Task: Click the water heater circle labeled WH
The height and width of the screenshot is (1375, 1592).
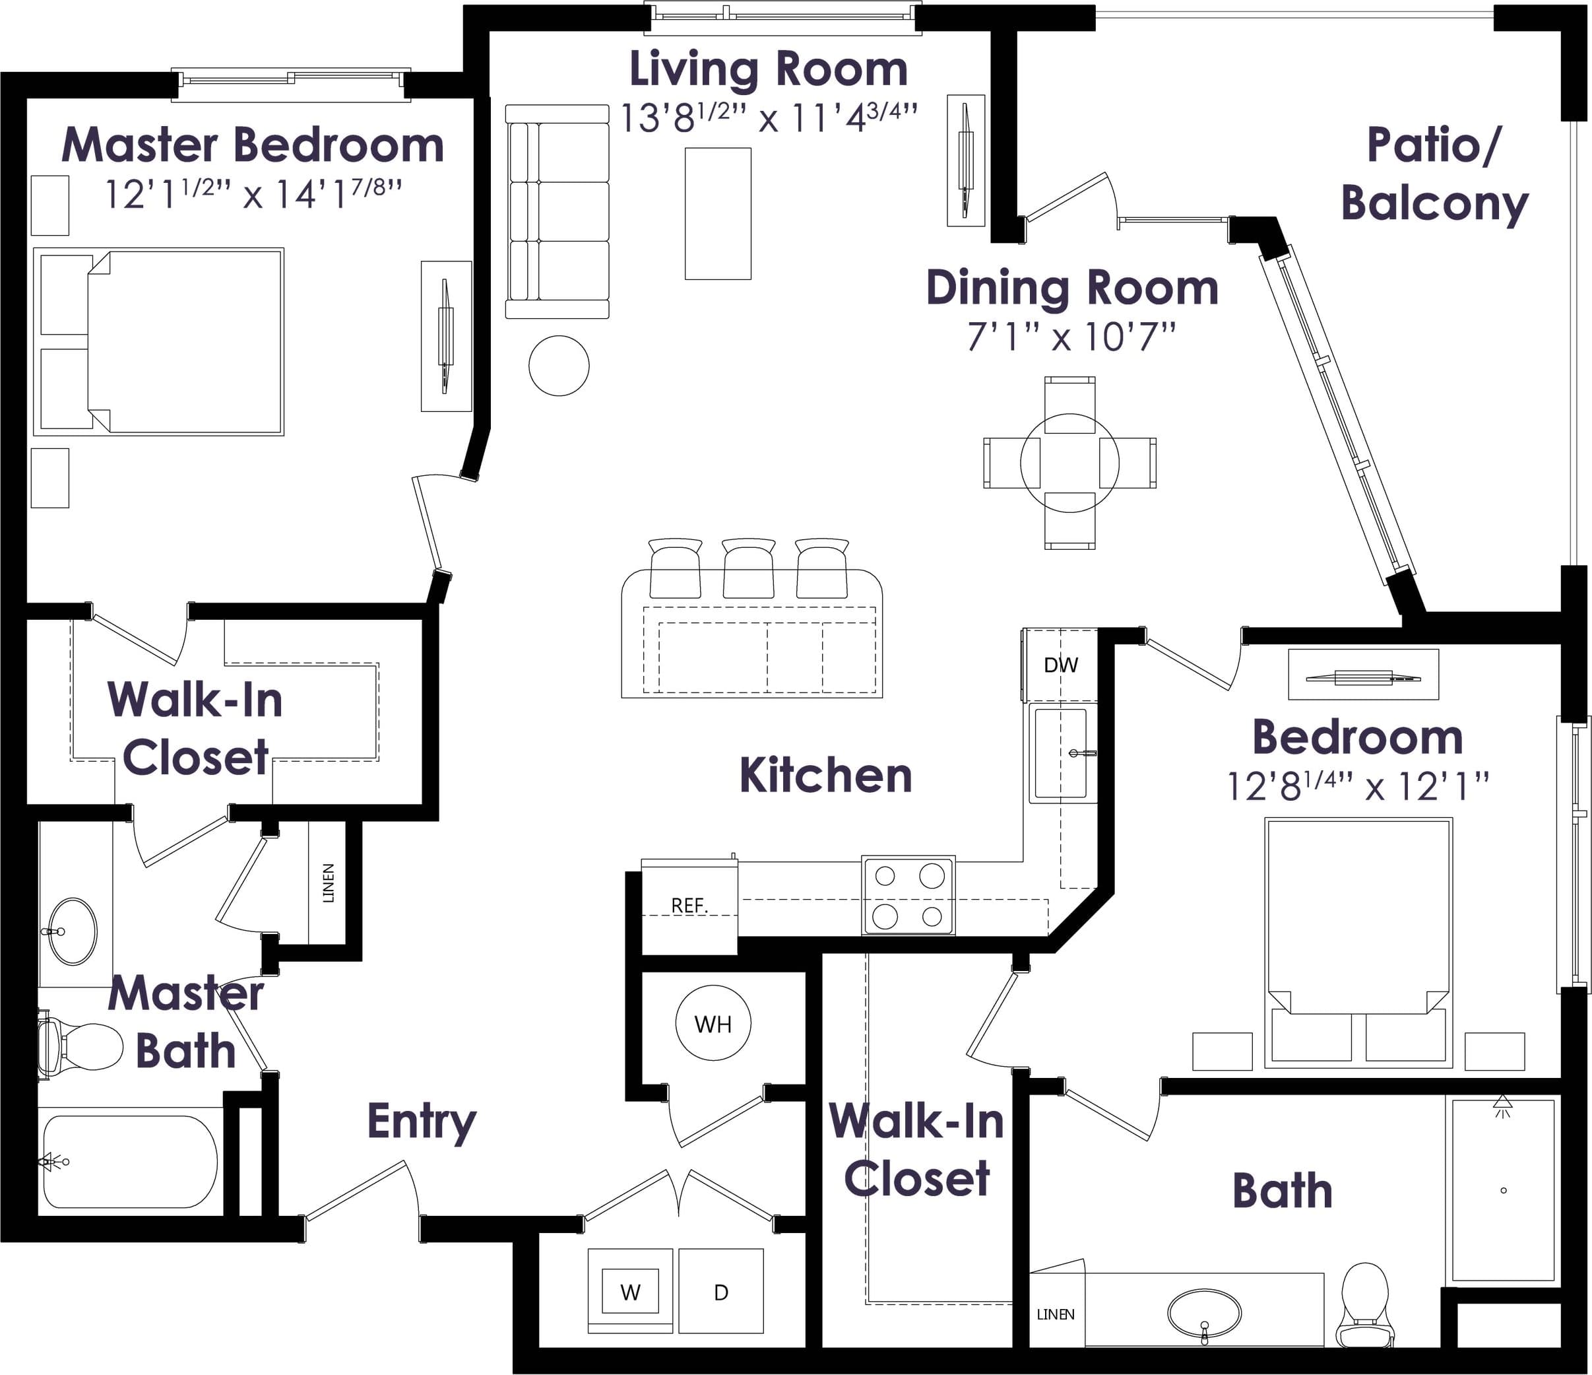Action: coord(713,1024)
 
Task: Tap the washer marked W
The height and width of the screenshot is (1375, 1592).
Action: coord(631,1291)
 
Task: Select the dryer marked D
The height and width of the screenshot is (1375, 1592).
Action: coord(720,1291)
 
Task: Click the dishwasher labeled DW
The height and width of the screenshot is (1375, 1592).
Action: coord(1060,665)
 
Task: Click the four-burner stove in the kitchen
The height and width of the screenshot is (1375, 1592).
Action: coord(908,895)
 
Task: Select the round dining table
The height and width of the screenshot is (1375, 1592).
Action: coord(1069,463)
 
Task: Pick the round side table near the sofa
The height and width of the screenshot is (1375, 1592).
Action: coord(559,366)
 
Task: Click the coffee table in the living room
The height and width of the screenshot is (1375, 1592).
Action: coord(718,214)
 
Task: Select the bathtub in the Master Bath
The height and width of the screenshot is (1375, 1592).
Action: coord(130,1161)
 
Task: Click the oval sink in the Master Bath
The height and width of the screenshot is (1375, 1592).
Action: coord(73,931)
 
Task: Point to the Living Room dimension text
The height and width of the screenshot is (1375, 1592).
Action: coord(769,117)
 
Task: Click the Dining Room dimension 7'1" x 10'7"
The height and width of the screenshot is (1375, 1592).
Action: coord(1071,337)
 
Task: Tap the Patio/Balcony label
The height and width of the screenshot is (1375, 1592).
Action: coord(1434,174)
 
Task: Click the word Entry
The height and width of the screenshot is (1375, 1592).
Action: coord(422,1123)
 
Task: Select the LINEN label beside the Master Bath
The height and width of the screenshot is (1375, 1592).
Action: coord(328,883)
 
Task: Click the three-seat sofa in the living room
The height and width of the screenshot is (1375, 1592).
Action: coord(557,211)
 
